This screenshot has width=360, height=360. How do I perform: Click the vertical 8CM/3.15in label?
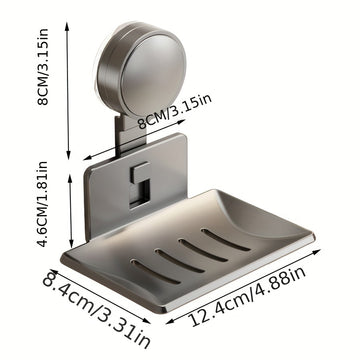pyautogui.click(x=43, y=67)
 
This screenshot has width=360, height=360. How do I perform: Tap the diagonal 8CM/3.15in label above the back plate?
pyautogui.click(x=175, y=111)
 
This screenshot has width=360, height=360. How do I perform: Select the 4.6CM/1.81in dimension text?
pyautogui.click(x=43, y=204)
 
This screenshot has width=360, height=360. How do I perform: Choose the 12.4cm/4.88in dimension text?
pyautogui.click(x=248, y=297)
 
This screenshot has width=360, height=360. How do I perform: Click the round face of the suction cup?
pyautogui.click(x=153, y=75)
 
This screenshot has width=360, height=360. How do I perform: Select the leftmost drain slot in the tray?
pyautogui.click(x=156, y=272)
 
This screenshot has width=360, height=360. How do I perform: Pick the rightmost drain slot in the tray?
pyautogui.click(x=226, y=239)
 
